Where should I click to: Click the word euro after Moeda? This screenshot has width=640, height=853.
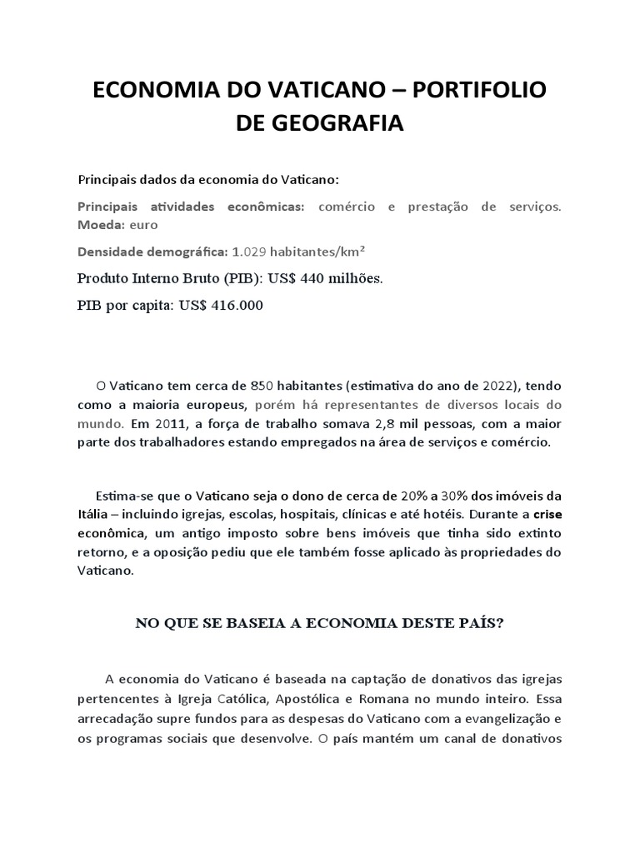click(x=144, y=225)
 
